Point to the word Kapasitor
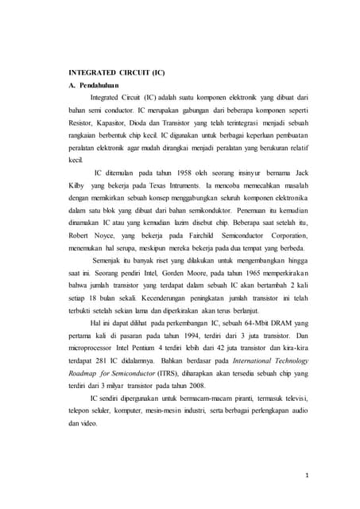point(119,122)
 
